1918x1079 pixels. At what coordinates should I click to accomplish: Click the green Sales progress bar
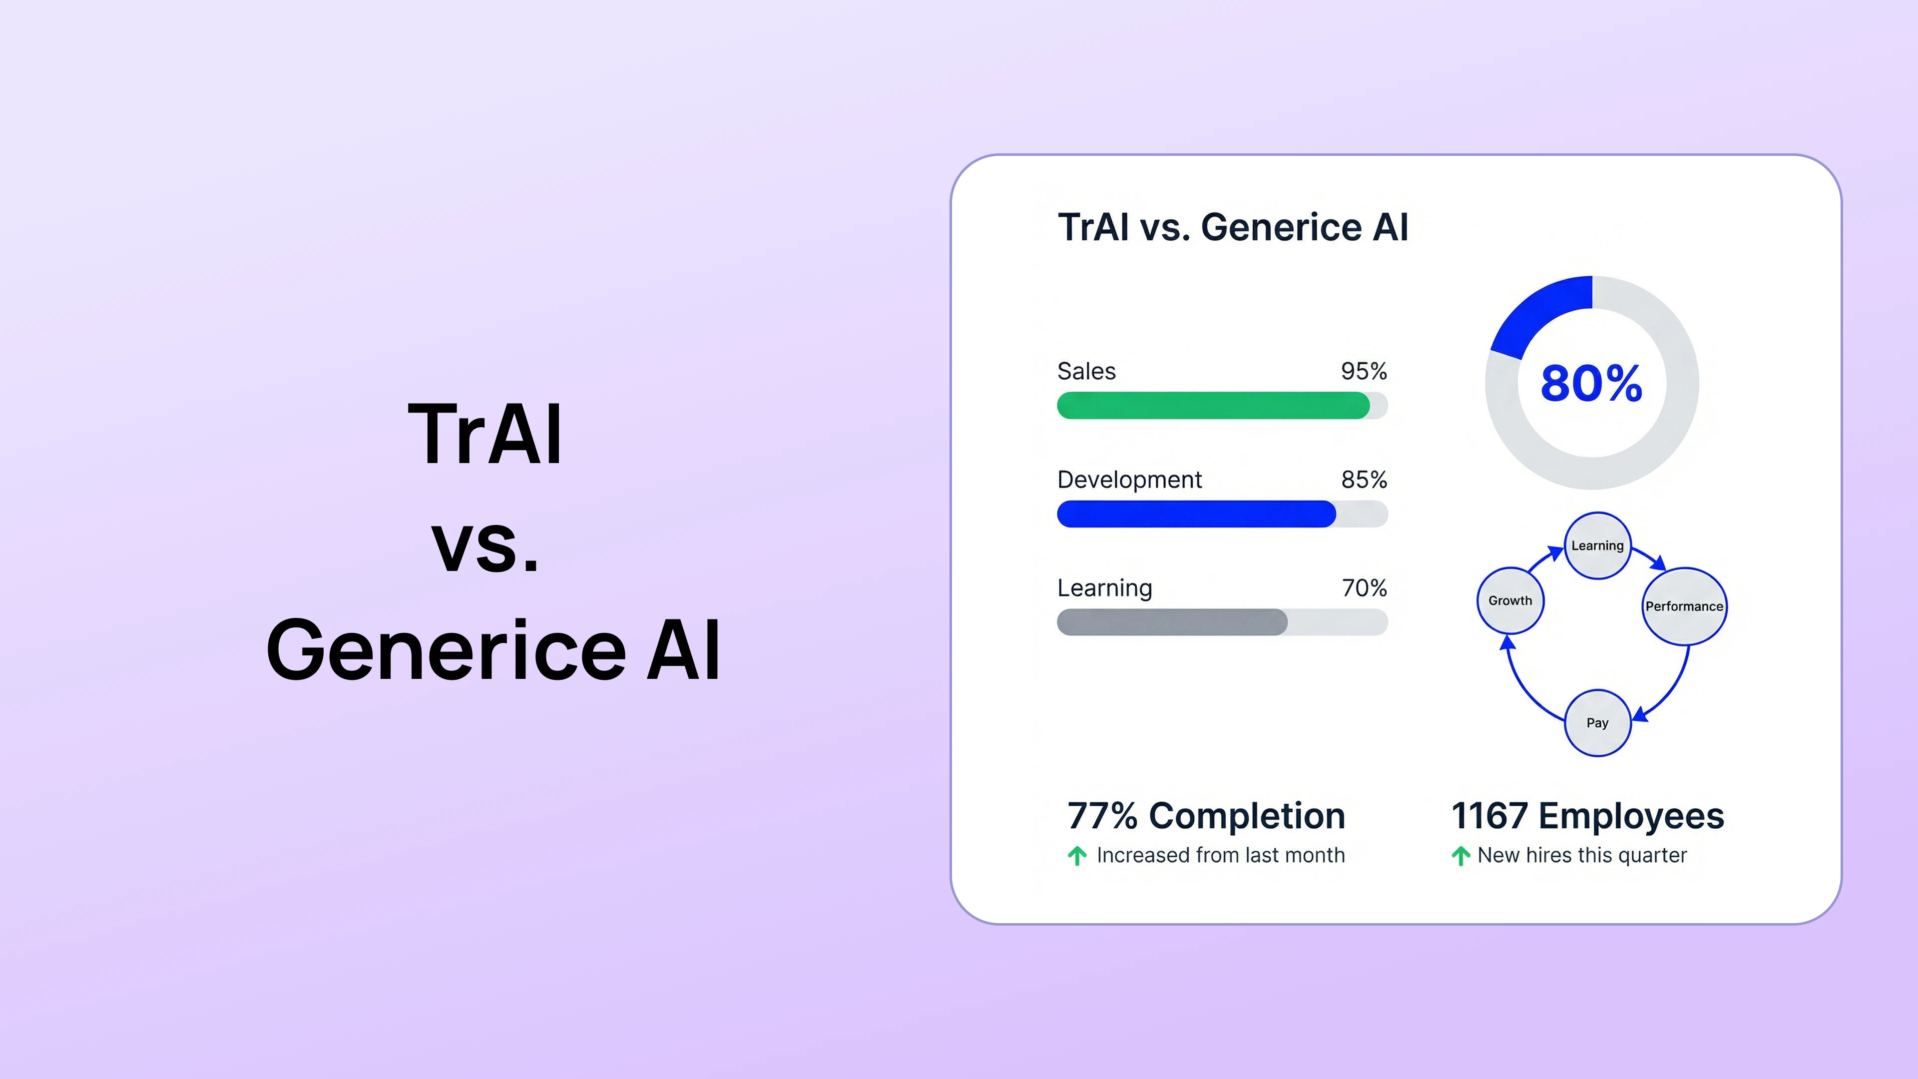(1213, 406)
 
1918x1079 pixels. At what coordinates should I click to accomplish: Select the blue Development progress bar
(1196, 515)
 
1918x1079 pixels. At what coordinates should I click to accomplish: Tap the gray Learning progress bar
(1172, 622)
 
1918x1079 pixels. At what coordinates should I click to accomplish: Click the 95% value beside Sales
(1363, 371)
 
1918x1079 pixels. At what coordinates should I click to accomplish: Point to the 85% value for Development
(1363, 480)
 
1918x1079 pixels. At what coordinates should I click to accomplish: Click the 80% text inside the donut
(1591, 384)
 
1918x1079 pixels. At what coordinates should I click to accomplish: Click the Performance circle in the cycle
(1683, 606)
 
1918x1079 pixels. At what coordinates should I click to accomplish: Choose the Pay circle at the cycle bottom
(1597, 723)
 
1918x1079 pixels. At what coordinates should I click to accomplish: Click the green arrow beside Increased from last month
(1077, 856)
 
